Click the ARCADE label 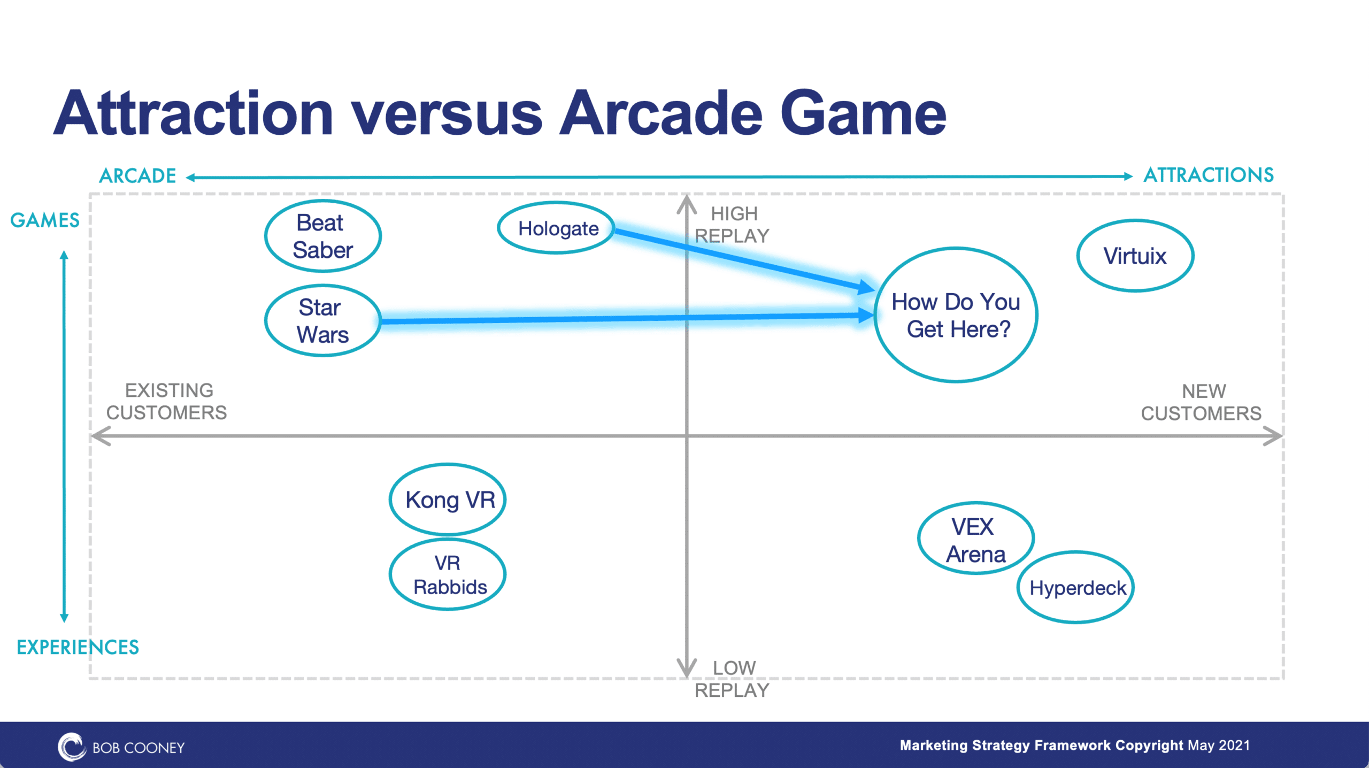(x=137, y=176)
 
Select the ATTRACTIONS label (x=1209, y=175)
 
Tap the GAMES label (x=45, y=220)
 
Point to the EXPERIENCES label (x=78, y=647)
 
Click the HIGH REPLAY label (x=732, y=225)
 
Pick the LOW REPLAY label (x=732, y=679)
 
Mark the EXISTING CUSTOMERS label (x=167, y=402)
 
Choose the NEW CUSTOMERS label (x=1202, y=402)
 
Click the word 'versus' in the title (x=446, y=114)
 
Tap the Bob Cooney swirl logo (x=72, y=747)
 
